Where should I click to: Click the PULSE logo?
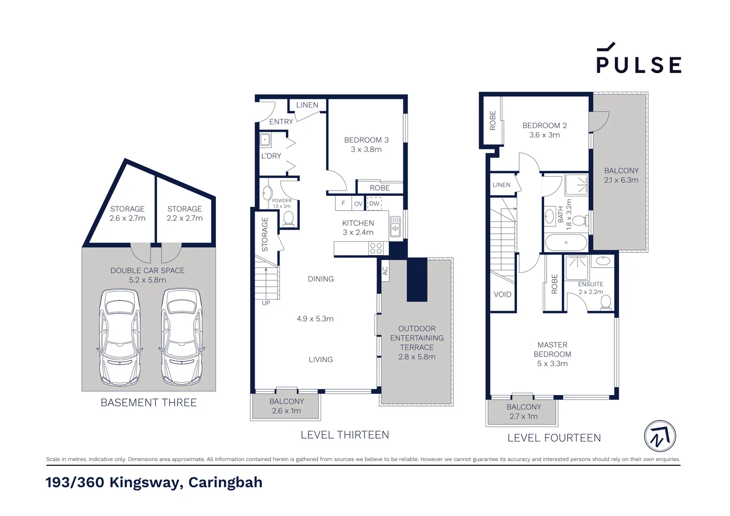coord(639,59)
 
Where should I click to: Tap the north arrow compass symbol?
coord(660,436)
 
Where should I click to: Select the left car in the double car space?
coord(120,337)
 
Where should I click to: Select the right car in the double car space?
coord(182,337)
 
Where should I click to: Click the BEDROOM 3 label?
coord(366,144)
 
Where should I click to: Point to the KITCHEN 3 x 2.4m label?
coord(358,228)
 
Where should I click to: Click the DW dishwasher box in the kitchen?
coord(374,204)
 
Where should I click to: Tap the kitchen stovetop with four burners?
coord(376,248)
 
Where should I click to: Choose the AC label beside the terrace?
coord(385,271)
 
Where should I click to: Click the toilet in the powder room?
coord(288,218)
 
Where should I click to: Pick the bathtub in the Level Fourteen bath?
coord(566,243)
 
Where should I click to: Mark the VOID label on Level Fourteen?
coord(502,294)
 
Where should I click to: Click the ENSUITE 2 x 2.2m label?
coord(590,288)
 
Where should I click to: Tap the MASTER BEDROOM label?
coord(552,354)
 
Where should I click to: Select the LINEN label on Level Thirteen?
coord(307,105)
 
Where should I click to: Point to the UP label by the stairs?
coord(266,303)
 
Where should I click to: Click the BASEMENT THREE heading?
coord(149,403)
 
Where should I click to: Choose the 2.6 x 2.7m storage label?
coord(127,214)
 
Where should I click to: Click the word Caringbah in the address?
coord(225,482)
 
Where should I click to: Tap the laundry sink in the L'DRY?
coord(265,140)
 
